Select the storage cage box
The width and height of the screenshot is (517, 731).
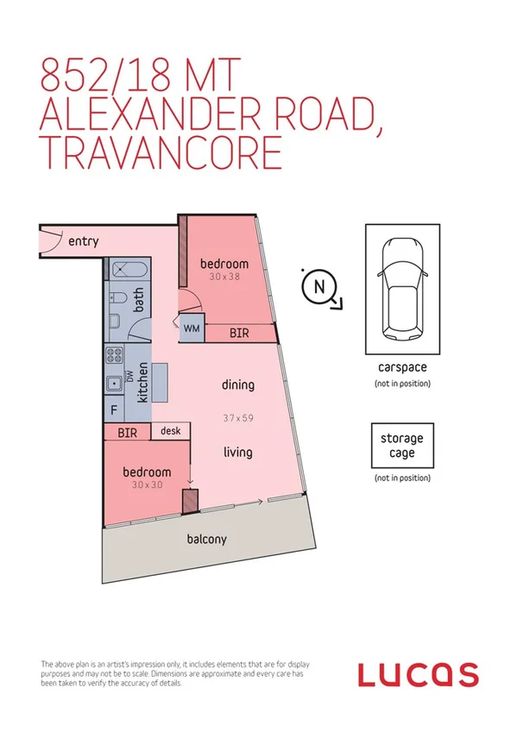(401, 446)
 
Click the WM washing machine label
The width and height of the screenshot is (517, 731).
(192, 328)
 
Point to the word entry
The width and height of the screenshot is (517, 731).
(82, 241)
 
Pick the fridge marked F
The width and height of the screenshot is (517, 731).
(114, 409)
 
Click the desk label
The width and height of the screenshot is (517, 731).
(170, 430)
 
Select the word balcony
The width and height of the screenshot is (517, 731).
(206, 540)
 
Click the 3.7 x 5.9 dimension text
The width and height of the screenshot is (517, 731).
(237, 418)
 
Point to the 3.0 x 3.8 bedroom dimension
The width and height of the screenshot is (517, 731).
(224, 278)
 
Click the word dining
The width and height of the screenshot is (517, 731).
(237, 385)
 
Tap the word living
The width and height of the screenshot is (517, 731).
(237, 451)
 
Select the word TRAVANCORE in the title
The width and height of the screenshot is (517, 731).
(161, 153)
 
